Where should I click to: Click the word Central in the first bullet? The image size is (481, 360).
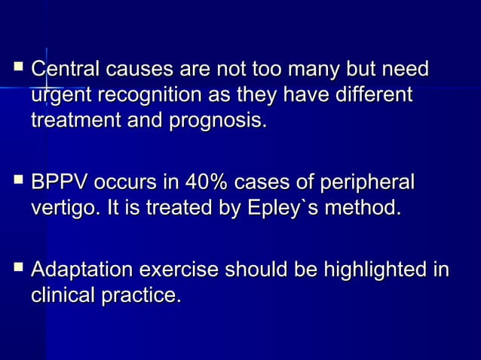[x=62, y=71]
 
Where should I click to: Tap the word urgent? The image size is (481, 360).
[x=57, y=96]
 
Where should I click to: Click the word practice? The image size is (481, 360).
[x=142, y=296]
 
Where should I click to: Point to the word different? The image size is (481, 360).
[x=375, y=96]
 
